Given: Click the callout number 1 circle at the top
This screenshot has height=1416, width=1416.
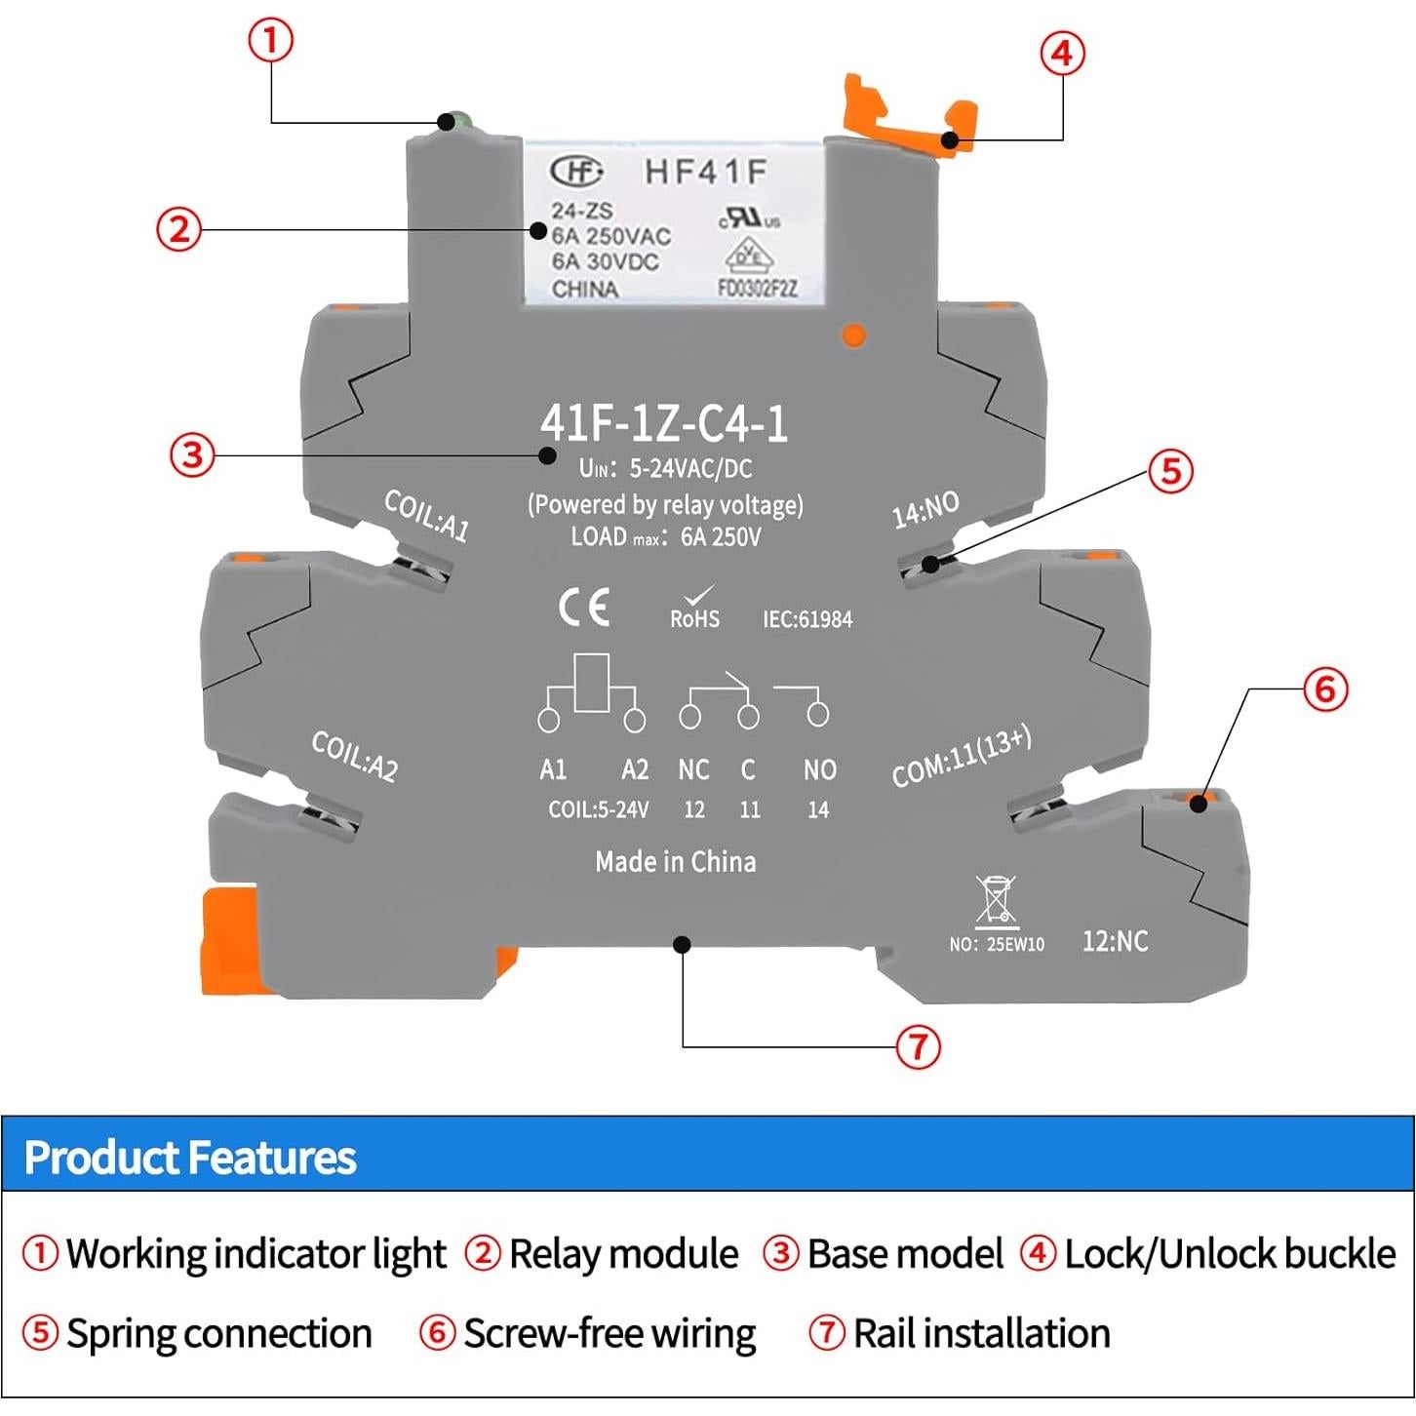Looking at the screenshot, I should pyautogui.click(x=270, y=42).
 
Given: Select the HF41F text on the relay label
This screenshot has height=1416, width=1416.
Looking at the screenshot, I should pyautogui.click(x=705, y=173).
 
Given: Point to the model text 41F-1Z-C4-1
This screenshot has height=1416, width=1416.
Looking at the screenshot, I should pyautogui.click(x=664, y=423).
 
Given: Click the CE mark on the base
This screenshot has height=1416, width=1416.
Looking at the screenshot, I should pyautogui.click(x=583, y=608).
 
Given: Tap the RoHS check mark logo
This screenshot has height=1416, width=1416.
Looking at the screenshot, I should pyautogui.click(x=695, y=607).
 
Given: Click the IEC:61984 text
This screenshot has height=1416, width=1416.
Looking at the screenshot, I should pyautogui.click(x=807, y=619).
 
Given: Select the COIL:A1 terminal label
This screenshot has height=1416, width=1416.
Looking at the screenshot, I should pyautogui.click(x=427, y=515).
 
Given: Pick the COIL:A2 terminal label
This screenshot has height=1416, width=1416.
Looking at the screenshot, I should pyautogui.click(x=355, y=756).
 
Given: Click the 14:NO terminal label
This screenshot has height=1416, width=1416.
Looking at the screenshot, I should pyautogui.click(x=925, y=510).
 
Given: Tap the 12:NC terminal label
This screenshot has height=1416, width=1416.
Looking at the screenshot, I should pyautogui.click(x=1115, y=941).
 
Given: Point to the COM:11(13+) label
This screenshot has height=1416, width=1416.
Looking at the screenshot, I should pyautogui.click(x=962, y=758).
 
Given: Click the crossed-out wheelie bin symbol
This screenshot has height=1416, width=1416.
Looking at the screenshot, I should pyautogui.click(x=996, y=899).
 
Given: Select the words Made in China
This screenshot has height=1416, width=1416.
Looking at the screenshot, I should pyautogui.click(x=676, y=862).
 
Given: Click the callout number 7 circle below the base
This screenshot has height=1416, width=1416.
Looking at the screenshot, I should pyautogui.click(x=918, y=1047).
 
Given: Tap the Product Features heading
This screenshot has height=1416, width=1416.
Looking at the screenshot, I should pyautogui.click(x=190, y=1158).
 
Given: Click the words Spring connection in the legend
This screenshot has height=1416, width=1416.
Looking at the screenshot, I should pyautogui.click(x=219, y=1333).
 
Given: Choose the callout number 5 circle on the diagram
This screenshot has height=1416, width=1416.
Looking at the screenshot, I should pyautogui.click(x=1170, y=471).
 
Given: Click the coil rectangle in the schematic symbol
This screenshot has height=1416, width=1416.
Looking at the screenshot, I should pyautogui.click(x=592, y=683).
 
